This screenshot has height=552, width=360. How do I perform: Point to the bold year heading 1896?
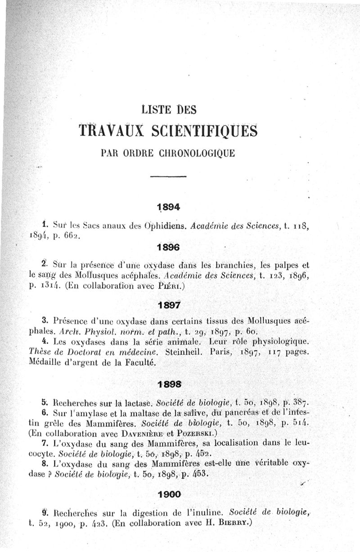click(169, 247)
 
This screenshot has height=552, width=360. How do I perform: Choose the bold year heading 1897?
click(169, 305)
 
